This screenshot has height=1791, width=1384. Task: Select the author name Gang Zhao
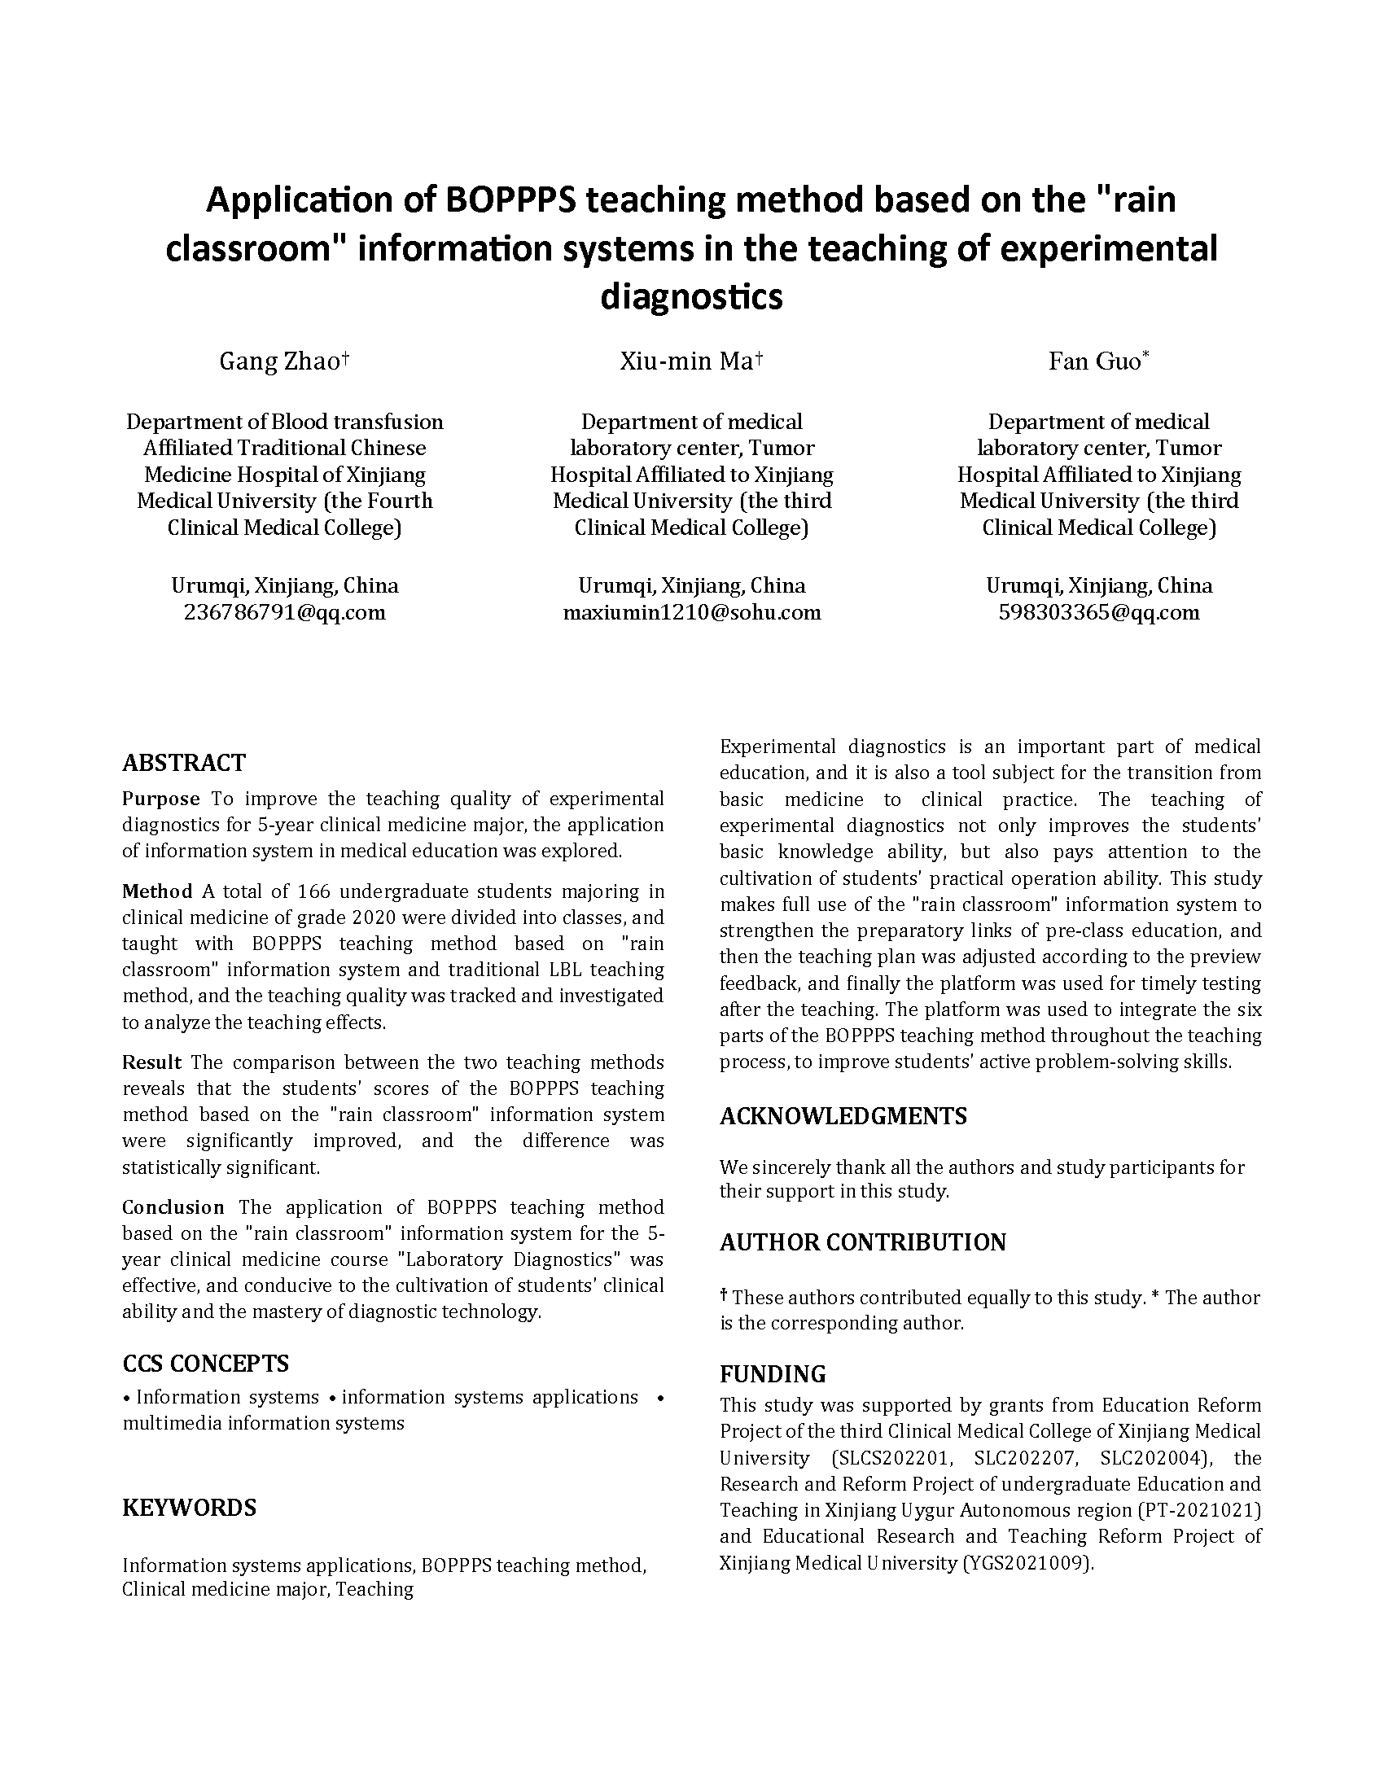[x=278, y=361]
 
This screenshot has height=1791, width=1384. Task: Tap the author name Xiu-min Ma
[x=686, y=361]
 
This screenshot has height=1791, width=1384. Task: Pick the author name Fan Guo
[x=1093, y=361]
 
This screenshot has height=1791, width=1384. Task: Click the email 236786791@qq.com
[x=284, y=612]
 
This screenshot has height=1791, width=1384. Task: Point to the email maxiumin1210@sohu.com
[x=691, y=612]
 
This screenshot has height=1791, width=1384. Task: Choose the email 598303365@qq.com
[x=1099, y=612]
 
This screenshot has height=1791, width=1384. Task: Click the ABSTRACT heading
[x=184, y=763]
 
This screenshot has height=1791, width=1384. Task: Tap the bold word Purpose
[x=160, y=799]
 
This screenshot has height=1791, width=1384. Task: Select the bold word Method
[x=157, y=891]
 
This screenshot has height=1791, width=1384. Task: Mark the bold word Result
[x=151, y=1062]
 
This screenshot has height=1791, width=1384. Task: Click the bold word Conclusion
[x=173, y=1207]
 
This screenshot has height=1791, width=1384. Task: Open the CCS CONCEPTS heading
[x=206, y=1364]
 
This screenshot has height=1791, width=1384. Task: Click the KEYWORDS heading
[x=190, y=1508]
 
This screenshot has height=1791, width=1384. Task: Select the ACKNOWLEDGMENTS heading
[x=843, y=1116]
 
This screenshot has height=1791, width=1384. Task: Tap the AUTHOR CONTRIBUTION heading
[x=862, y=1242]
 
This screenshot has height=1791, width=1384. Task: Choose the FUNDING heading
[x=773, y=1374]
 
